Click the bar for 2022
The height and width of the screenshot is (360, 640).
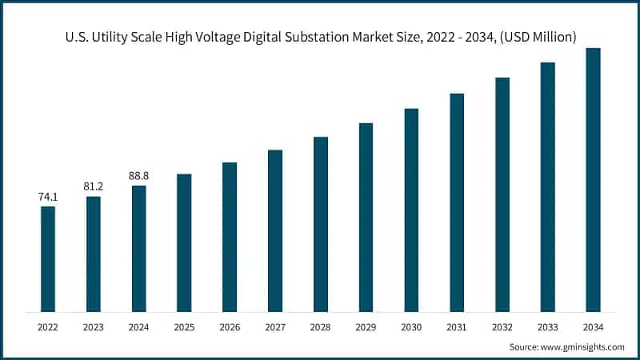click(48, 258)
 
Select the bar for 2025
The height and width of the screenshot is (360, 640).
click(184, 242)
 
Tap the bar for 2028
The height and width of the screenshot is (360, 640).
click(320, 224)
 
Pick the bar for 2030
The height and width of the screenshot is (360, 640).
click(411, 210)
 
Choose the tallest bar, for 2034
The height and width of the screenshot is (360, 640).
click(593, 179)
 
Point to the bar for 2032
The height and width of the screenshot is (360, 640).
click(502, 194)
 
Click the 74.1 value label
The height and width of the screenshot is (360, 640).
click(48, 196)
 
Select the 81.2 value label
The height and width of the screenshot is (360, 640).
click(94, 186)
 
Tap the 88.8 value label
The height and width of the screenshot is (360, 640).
click(138, 175)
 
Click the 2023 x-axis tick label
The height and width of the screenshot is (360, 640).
click(94, 326)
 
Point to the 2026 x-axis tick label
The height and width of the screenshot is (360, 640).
click(230, 326)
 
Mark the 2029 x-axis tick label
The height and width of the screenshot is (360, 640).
click(366, 326)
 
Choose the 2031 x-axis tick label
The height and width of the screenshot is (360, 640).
click(457, 326)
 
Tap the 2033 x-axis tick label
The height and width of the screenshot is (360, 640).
click(547, 326)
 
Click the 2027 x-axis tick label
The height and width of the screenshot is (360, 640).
click(275, 326)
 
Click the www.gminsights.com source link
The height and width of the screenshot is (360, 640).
click(582, 346)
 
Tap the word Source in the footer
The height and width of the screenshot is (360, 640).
click(524, 346)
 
